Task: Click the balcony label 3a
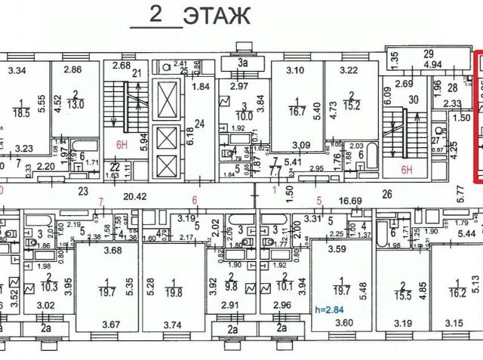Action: [x=243, y=63]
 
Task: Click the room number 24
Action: [x=200, y=124]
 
